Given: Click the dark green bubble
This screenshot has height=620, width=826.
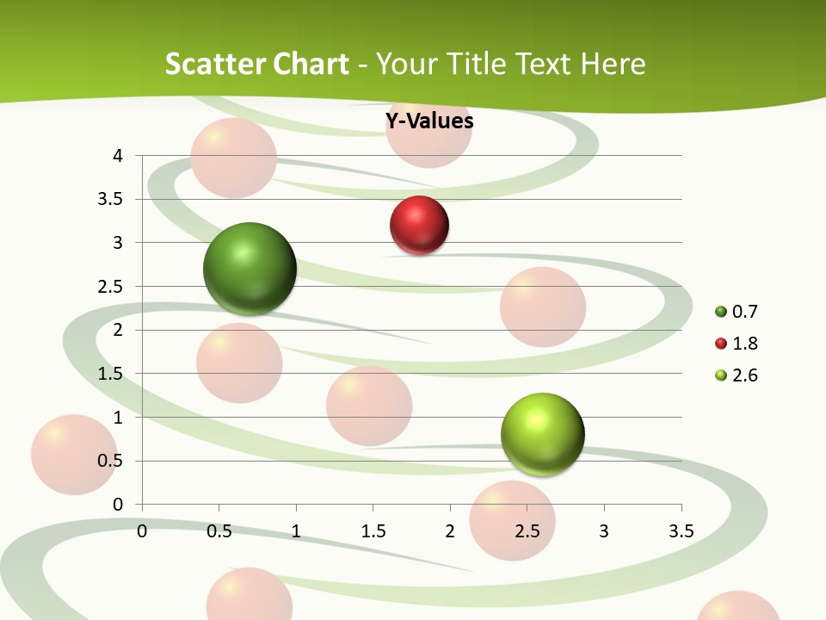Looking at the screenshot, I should (x=250, y=269).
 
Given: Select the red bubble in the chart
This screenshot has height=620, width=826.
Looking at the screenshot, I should (x=420, y=226).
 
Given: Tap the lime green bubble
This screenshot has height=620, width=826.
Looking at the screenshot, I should (x=542, y=434).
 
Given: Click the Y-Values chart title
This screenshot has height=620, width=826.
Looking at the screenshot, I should (x=428, y=121).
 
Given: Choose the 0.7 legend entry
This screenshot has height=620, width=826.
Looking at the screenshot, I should (x=737, y=312).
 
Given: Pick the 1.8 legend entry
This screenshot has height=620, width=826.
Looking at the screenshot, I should (x=737, y=344).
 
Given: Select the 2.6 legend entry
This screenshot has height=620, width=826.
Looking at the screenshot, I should (x=737, y=375).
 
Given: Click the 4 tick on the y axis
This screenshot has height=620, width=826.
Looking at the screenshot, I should (x=118, y=156).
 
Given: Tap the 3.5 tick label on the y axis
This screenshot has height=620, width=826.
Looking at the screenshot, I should (x=111, y=200).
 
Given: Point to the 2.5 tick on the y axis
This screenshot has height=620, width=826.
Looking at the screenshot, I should (x=111, y=287).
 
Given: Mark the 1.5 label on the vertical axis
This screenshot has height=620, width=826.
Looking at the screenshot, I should (x=111, y=374).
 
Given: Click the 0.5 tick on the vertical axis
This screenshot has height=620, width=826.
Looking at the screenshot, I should (x=111, y=461).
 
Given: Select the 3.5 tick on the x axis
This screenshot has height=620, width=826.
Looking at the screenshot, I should (x=681, y=531).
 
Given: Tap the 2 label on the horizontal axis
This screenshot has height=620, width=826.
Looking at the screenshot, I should (x=450, y=531).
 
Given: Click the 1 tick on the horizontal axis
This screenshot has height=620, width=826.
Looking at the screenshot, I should (x=296, y=531).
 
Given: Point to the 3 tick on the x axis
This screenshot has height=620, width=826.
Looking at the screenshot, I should (x=604, y=531).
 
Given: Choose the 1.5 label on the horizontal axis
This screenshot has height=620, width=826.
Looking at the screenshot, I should (x=373, y=531).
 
